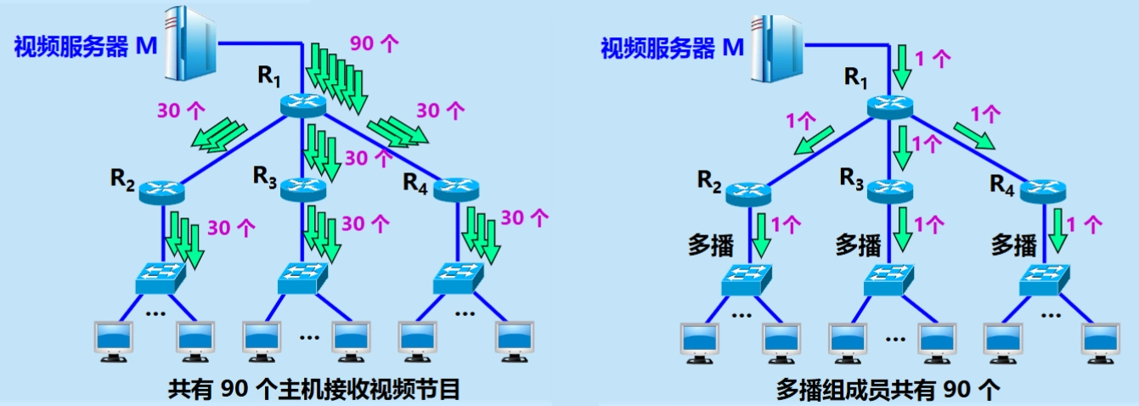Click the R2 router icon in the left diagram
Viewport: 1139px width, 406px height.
click(x=162, y=192)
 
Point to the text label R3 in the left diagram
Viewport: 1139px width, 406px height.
click(x=265, y=176)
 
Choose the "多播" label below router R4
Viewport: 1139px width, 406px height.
click(x=1014, y=245)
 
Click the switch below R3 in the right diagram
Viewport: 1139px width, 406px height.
click(x=889, y=279)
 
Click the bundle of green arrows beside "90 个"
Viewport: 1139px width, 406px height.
click(x=336, y=80)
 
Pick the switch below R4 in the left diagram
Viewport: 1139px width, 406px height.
click(x=460, y=277)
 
